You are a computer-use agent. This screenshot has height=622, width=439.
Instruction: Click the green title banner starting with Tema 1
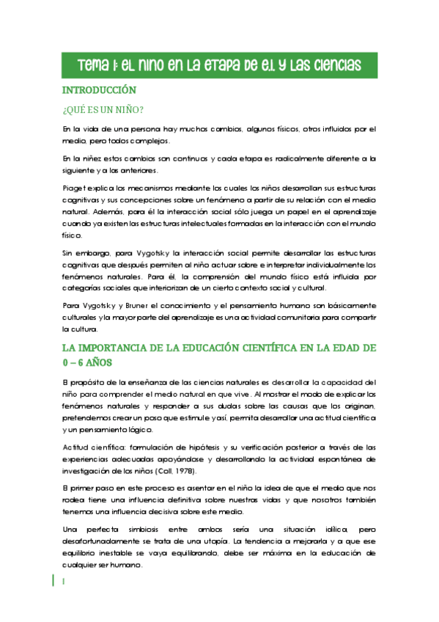[x=219, y=65]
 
